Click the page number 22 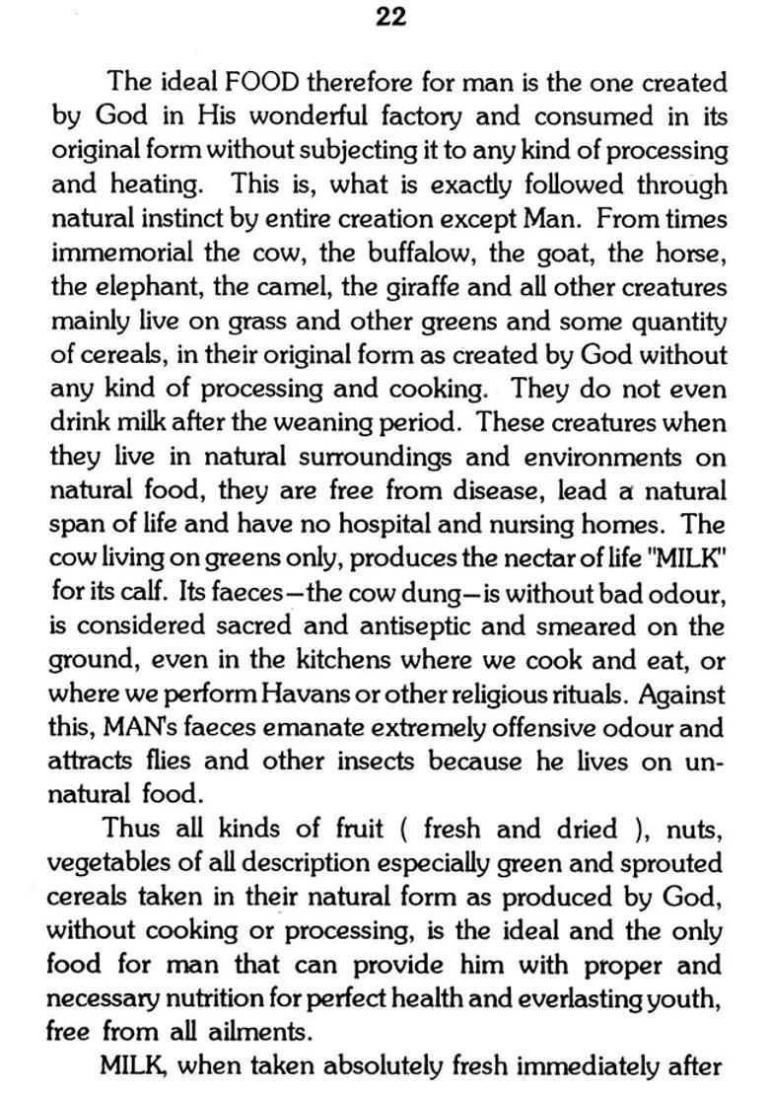[x=390, y=17]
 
